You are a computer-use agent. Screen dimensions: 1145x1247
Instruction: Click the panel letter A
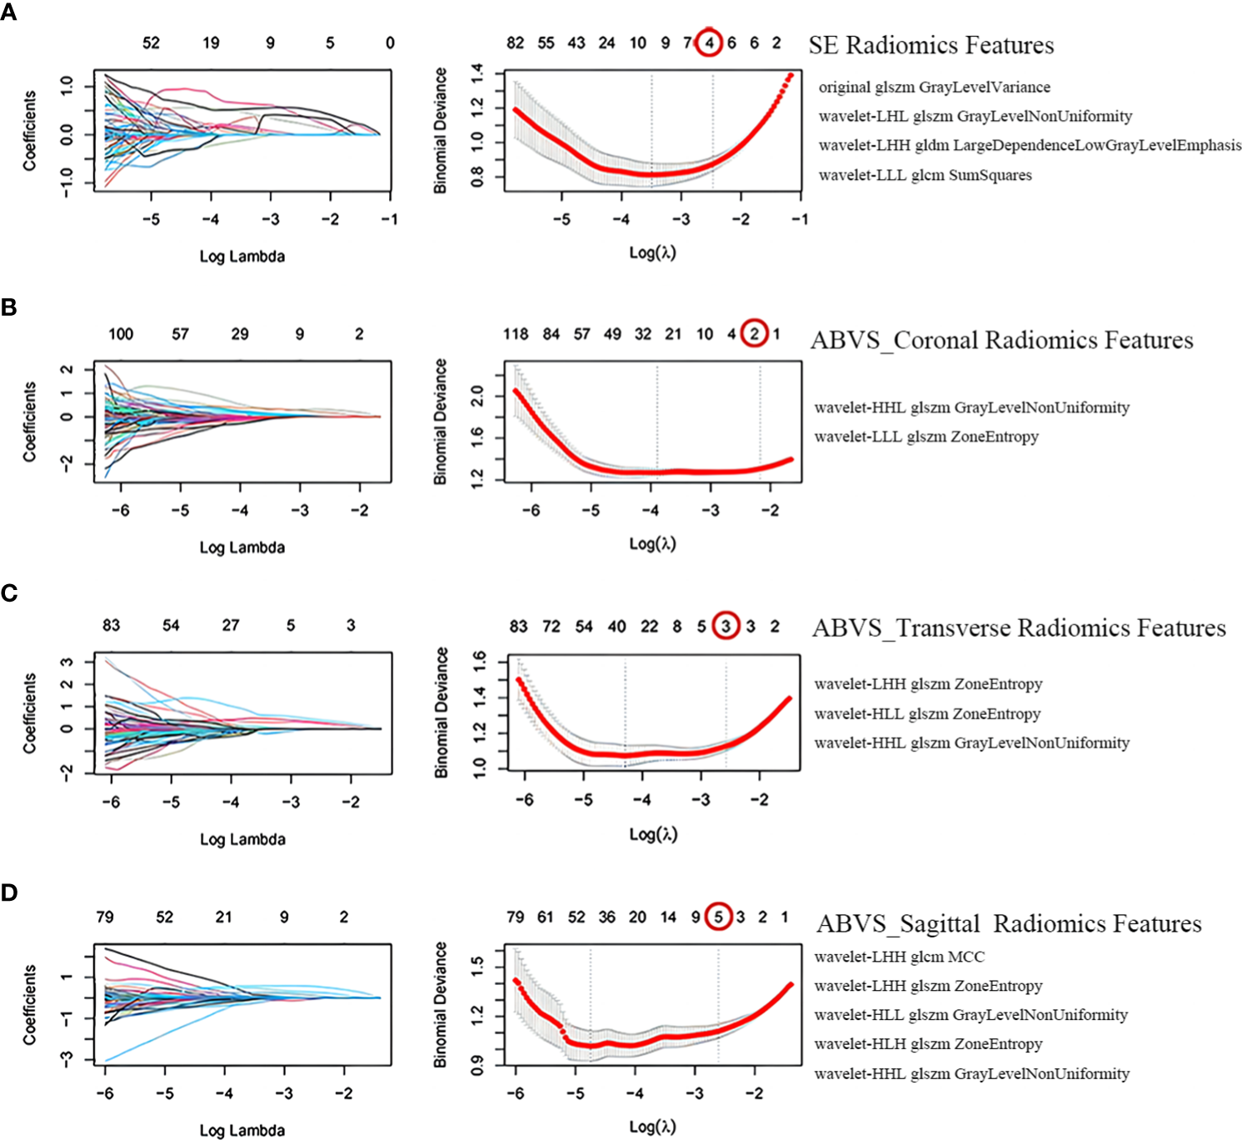[9, 13]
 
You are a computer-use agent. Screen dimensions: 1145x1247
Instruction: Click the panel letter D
[9, 892]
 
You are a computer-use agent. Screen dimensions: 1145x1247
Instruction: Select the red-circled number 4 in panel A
[709, 42]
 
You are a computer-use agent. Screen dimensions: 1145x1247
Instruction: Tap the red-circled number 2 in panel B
[754, 333]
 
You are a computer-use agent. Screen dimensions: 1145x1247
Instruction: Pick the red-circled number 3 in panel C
[726, 625]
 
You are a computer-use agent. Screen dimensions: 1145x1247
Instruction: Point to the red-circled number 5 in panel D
[718, 917]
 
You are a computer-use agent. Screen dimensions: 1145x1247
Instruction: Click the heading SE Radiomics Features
[930, 45]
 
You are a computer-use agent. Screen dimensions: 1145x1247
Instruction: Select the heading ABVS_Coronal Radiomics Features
[1001, 340]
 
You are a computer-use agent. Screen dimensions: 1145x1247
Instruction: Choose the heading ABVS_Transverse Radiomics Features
[1019, 627]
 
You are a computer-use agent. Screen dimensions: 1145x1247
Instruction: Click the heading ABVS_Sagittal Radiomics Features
[1009, 923]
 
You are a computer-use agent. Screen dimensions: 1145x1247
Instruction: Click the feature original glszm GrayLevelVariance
[934, 87]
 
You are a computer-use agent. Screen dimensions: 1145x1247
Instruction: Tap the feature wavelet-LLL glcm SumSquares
[925, 175]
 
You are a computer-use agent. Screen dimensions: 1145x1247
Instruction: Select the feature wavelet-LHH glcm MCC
[899, 957]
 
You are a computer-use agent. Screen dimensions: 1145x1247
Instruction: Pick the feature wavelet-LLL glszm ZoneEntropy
[926, 437]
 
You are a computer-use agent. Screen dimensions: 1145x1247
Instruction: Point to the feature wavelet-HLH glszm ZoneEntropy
[928, 1044]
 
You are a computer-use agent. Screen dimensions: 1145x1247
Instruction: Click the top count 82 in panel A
[516, 42]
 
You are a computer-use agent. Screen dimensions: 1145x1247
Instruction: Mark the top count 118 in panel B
[516, 334]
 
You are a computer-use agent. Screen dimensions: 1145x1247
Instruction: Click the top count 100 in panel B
[121, 334]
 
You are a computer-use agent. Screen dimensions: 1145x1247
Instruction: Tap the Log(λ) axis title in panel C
[653, 834]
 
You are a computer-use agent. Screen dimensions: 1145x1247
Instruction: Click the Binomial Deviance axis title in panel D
[441, 1004]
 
